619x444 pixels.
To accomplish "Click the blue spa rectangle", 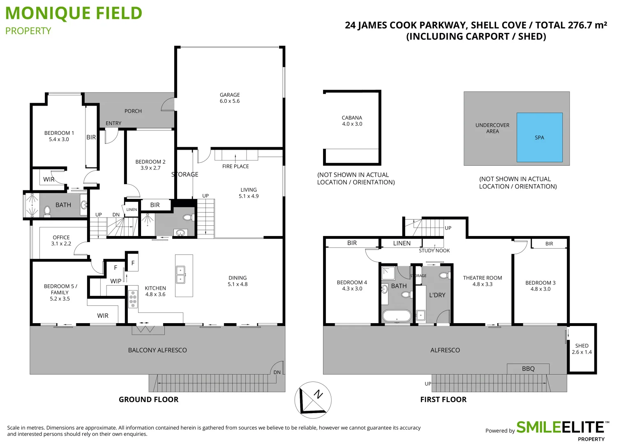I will [539, 138].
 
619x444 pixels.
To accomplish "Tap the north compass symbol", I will [313, 400].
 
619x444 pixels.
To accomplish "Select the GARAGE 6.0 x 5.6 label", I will [229, 98].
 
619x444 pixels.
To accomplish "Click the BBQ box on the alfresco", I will [528, 369].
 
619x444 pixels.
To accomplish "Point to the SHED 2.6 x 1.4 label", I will [582, 349].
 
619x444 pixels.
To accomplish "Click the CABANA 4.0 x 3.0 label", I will [352, 121].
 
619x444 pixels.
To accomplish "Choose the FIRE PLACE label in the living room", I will [236, 166].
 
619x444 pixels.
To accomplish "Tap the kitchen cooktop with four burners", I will [133, 299].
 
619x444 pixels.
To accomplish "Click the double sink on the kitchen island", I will [180, 275].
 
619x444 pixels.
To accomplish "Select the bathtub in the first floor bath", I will [397, 316].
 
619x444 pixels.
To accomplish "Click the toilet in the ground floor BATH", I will [47, 211].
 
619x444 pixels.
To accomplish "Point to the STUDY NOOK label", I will [434, 251].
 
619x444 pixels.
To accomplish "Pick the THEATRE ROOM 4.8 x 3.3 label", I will [482, 281].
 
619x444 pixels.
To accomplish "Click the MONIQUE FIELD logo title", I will [74, 14].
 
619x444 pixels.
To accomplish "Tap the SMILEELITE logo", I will [560, 428].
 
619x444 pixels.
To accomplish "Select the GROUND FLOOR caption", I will [148, 400].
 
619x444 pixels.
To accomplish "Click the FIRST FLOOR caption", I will [443, 400].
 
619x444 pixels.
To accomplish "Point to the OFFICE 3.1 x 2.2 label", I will [61, 240].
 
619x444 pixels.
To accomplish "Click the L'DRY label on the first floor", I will [437, 295].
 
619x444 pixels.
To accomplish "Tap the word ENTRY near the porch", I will [113, 123].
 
